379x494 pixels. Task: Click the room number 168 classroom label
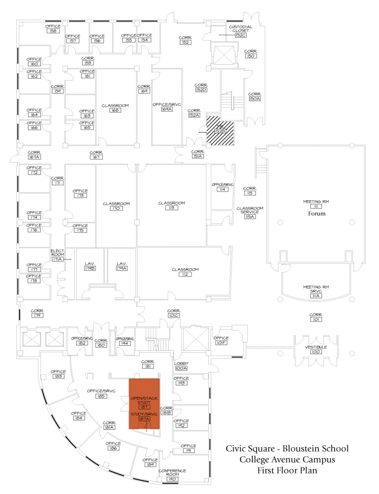click(115, 110)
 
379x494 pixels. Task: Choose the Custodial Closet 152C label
click(241, 31)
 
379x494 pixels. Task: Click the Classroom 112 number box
click(185, 274)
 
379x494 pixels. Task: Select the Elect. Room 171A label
click(57, 256)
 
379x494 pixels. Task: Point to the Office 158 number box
click(53, 31)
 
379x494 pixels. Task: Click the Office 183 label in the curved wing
click(58, 374)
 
